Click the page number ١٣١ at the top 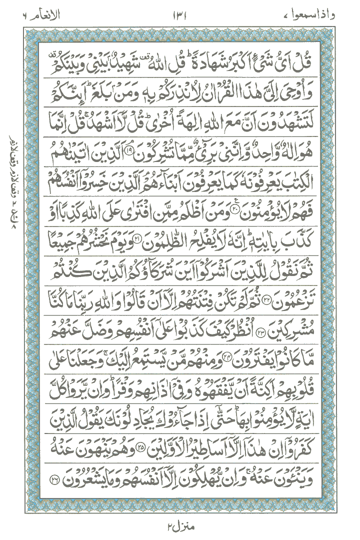pos(178,11)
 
